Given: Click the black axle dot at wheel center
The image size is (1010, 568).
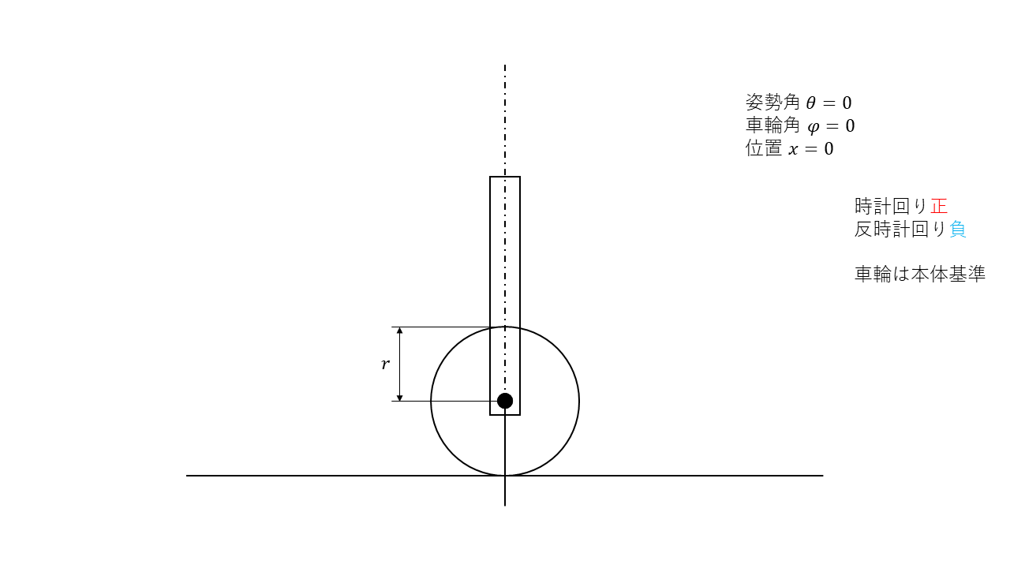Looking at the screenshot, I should (505, 401).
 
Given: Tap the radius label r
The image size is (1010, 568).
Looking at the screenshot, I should (385, 364).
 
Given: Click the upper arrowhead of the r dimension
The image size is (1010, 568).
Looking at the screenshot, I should (400, 331).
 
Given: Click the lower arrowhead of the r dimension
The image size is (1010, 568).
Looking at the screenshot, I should (400, 397).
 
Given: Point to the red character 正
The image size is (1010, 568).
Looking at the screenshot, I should (939, 206).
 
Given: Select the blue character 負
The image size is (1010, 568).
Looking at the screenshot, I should (958, 230).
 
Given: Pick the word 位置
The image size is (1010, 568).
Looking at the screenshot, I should (763, 149).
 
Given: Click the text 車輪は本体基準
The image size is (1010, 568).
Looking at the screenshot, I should (920, 275).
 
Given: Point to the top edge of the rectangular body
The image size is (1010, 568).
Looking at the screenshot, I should (505, 177).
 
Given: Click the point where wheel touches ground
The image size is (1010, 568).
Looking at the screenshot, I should (505, 476).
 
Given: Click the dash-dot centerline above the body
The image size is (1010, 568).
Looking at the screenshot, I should (505, 118).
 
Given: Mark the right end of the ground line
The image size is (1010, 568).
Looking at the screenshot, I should (822, 476).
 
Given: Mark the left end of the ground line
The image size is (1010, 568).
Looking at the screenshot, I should (187, 476).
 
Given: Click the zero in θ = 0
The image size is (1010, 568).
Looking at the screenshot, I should (847, 103).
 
